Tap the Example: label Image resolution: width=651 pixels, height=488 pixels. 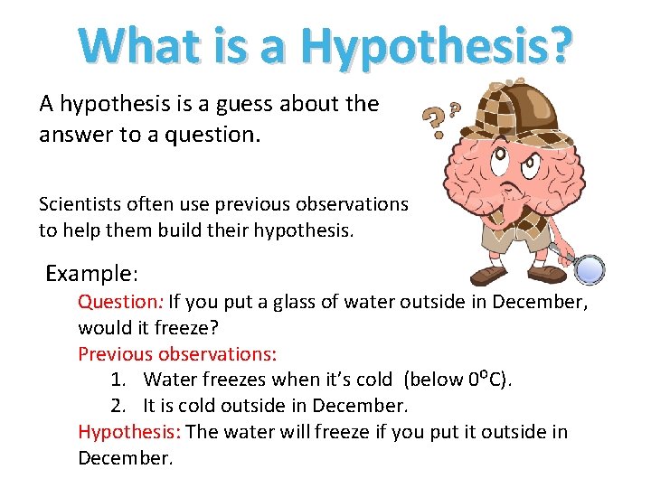pyautogui.click(x=91, y=273)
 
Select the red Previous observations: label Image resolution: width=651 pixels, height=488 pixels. pyautogui.click(x=177, y=353)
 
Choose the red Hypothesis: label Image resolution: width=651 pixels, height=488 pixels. pyautogui.click(x=128, y=432)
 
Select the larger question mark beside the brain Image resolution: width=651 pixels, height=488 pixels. pyautogui.click(x=436, y=121)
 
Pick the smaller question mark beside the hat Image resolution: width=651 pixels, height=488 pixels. pyautogui.click(x=455, y=107)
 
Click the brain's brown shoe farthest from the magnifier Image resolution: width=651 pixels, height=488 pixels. pyautogui.click(x=489, y=274)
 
